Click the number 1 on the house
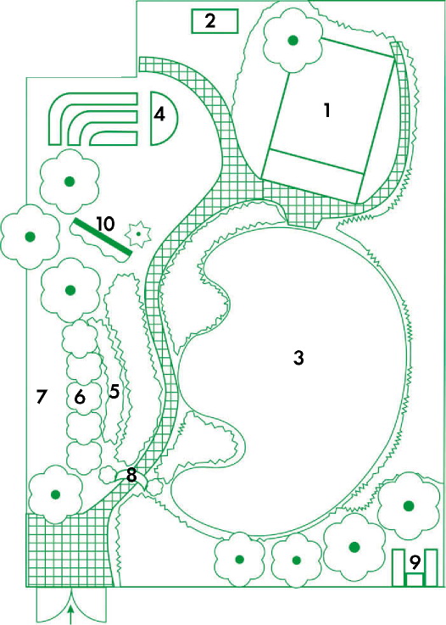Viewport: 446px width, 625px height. pos(327,110)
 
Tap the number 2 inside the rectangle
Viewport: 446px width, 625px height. pos(210,20)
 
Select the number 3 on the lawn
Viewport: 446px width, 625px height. pos(298,358)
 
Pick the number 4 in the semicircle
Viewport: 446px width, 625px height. pos(159,114)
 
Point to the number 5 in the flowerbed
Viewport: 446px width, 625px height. pos(114,391)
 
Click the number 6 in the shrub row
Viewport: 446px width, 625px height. pos(80,397)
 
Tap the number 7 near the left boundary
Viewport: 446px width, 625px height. pos(42,397)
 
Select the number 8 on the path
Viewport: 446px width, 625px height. pos(131,475)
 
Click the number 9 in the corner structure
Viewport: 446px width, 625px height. pos(415,561)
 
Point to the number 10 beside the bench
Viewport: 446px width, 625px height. pos(105,224)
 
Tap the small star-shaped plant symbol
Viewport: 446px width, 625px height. pos(138,234)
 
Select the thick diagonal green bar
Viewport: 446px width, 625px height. pos(102,237)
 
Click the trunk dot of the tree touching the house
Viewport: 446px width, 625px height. pos(293,40)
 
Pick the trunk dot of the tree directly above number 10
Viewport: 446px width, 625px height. pos(70,181)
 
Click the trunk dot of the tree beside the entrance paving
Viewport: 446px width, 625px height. pos(55,494)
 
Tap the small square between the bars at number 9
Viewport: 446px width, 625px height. pos(415,579)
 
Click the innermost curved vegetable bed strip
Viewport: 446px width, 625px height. pos(113,137)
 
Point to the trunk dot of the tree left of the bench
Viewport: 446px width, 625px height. pos(30,237)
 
